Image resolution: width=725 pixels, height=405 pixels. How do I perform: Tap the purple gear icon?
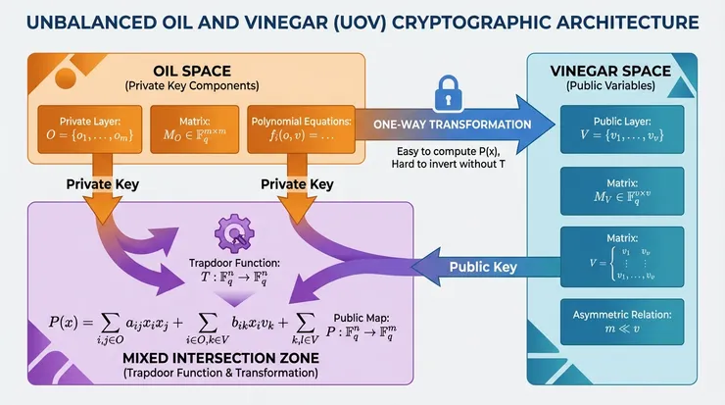(x=234, y=233)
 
